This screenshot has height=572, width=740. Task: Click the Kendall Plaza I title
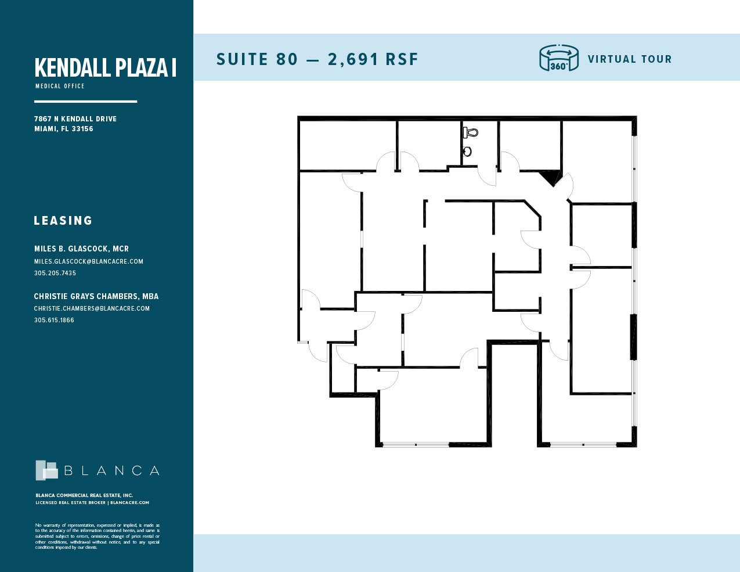coord(105,67)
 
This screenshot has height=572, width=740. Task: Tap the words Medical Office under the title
coord(60,86)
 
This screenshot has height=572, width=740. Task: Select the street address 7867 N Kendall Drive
coord(75,118)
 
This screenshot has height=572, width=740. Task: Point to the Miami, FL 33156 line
coord(64,129)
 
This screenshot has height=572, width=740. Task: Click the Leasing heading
coord(63,221)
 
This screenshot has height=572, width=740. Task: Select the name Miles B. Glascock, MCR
coord(81,249)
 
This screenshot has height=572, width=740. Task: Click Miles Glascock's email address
coord(88,261)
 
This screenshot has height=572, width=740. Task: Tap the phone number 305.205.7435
coord(55,273)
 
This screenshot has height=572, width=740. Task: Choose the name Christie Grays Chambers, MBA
coord(96,296)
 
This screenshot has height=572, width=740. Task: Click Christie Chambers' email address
coord(92,308)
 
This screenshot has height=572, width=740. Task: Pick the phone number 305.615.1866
coord(54,320)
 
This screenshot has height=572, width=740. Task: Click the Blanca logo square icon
coord(46,470)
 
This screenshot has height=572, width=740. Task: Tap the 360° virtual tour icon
coord(559,59)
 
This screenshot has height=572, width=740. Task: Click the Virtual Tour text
coord(629,59)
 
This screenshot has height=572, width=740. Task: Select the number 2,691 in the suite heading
coord(353,59)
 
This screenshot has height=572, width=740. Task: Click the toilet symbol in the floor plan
coord(471,132)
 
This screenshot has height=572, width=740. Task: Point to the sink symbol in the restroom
coord(467,152)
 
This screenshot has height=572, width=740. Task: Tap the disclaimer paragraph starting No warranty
coord(97,536)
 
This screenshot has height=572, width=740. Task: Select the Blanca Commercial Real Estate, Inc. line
coord(84,495)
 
